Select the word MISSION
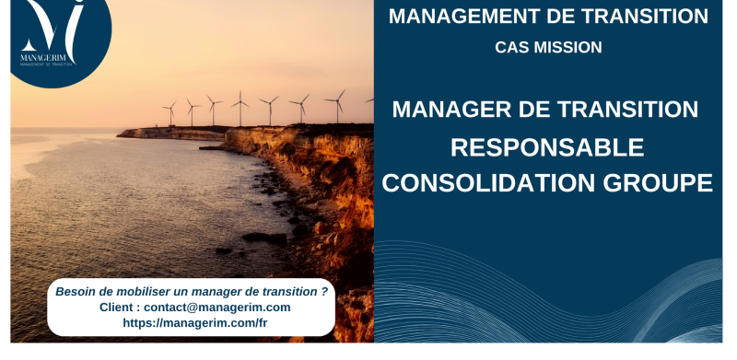569,47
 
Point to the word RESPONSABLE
547,146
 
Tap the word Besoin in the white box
76,291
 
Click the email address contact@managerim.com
217,307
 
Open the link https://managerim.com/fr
194,323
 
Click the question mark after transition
324,291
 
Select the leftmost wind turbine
170,112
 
